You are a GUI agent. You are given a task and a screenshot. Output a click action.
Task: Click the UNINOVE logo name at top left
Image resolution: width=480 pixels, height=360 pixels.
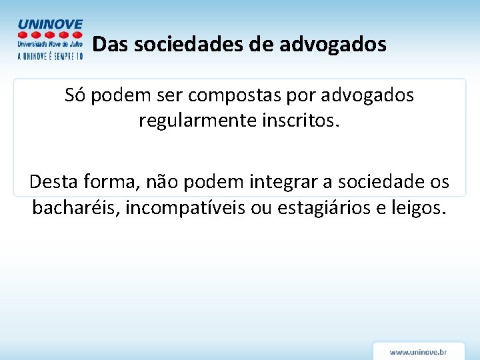click(x=51, y=24)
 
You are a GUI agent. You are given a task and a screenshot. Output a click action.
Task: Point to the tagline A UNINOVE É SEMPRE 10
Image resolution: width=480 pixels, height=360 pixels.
click(x=50, y=57)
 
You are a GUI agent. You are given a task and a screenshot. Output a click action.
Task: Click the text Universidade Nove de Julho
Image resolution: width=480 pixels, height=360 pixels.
click(x=50, y=44)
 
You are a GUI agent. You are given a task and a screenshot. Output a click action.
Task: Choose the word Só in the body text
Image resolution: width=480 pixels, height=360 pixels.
click(x=75, y=95)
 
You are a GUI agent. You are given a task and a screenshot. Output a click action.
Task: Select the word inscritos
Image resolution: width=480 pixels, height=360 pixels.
click(x=303, y=121)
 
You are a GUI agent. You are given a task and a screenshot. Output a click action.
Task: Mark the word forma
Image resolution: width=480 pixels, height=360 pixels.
click(x=108, y=181)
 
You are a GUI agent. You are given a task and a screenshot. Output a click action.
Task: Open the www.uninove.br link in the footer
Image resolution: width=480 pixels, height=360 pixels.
click(x=418, y=351)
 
